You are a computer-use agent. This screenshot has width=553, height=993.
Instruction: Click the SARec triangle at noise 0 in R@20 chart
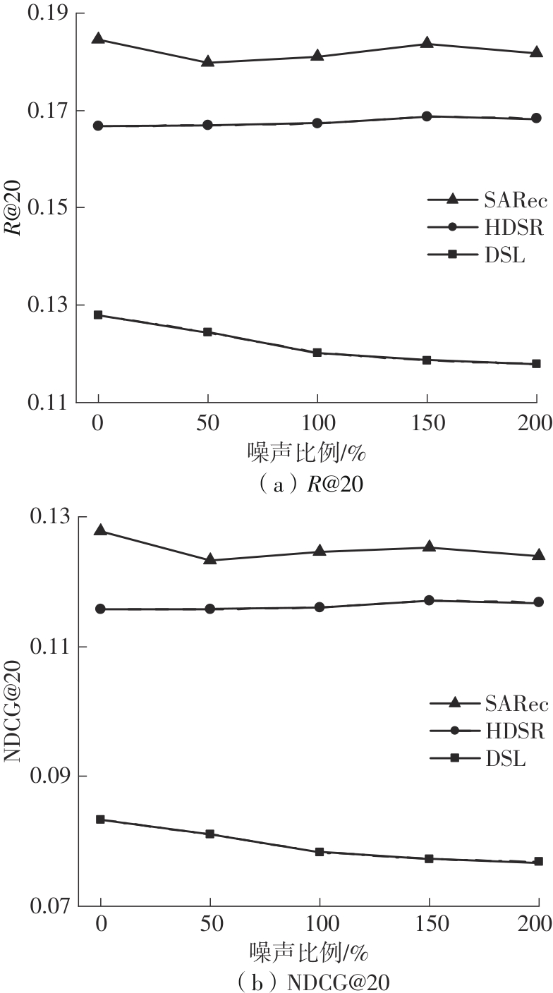point(98,39)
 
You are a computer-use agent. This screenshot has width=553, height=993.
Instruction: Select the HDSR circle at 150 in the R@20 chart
point(427,116)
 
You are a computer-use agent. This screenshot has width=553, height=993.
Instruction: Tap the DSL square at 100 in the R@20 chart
point(317,353)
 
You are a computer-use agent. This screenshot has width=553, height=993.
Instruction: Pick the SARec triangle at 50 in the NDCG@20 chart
point(210,559)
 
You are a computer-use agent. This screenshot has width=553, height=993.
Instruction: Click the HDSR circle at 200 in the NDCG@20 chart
point(538,602)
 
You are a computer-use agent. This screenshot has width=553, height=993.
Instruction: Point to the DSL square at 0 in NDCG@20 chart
point(100,820)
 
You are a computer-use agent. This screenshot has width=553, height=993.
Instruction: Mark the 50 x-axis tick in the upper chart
point(207,423)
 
